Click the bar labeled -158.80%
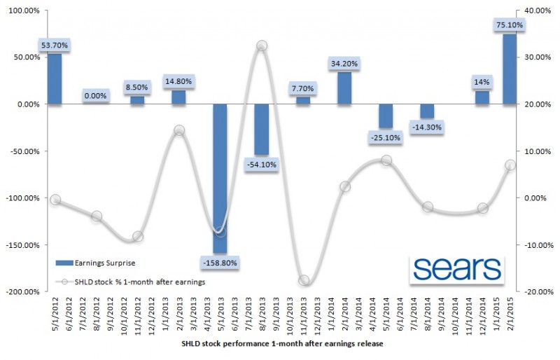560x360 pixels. click(x=220, y=175)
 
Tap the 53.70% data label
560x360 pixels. click(x=55, y=45)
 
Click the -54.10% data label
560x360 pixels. click(x=261, y=165)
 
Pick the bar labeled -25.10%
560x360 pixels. click(x=386, y=116)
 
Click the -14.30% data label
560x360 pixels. click(x=426, y=127)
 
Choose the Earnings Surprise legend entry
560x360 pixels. click(x=94, y=263)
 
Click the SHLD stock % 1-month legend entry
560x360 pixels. click(x=129, y=282)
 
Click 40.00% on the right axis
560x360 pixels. click(x=534, y=11)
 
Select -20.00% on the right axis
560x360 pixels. click(x=534, y=292)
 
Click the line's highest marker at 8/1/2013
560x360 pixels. click(x=261, y=46)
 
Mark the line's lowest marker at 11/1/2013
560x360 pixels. click(x=303, y=280)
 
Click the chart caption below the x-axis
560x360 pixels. click(x=279, y=345)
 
